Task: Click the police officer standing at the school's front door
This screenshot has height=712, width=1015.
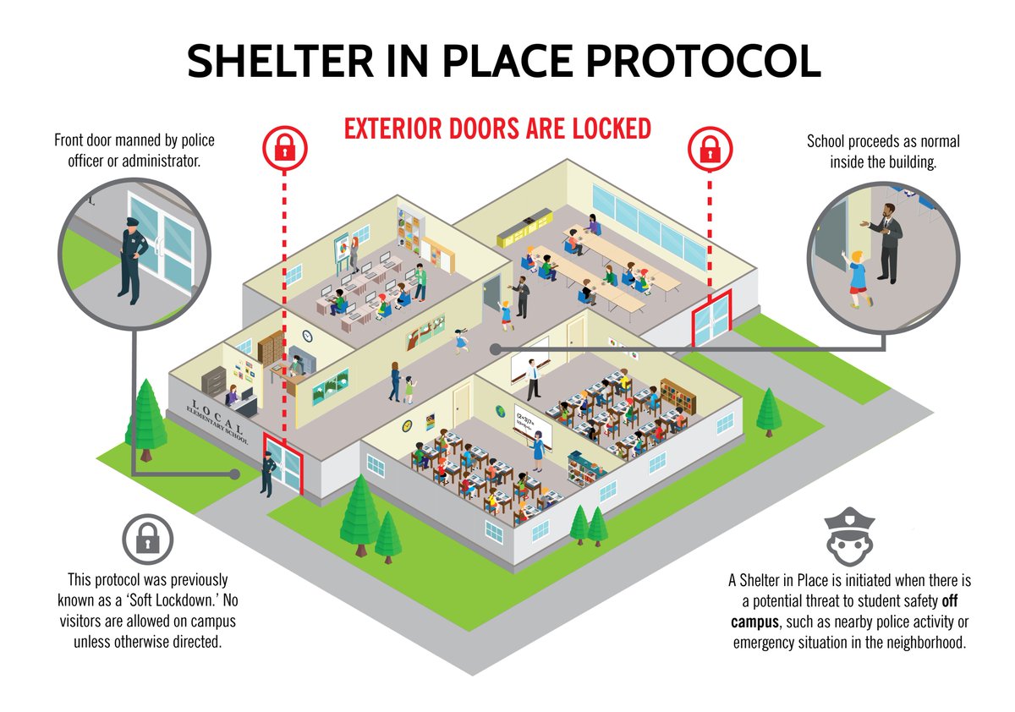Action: [267, 473]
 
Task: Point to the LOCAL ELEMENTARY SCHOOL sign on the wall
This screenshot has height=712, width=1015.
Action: [217, 421]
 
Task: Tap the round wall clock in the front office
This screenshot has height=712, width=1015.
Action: [307, 336]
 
